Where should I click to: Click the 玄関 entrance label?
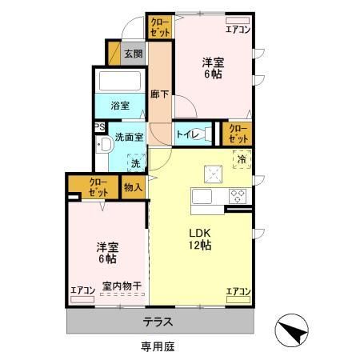click(134, 54)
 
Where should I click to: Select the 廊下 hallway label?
click(159, 93)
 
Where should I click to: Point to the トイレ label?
click(188, 134)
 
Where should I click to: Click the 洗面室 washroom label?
click(128, 136)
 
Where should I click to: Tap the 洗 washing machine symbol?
click(134, 162)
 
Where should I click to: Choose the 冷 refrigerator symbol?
click(240, 159)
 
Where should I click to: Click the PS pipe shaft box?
click(98, 126)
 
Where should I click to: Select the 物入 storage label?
click(134, 187)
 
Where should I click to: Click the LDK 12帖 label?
click(199, 239)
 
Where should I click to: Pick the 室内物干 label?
click(122, 286)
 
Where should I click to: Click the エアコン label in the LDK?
click(239, 291)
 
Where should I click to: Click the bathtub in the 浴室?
click(118, 82)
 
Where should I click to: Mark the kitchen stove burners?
click(238, 194)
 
